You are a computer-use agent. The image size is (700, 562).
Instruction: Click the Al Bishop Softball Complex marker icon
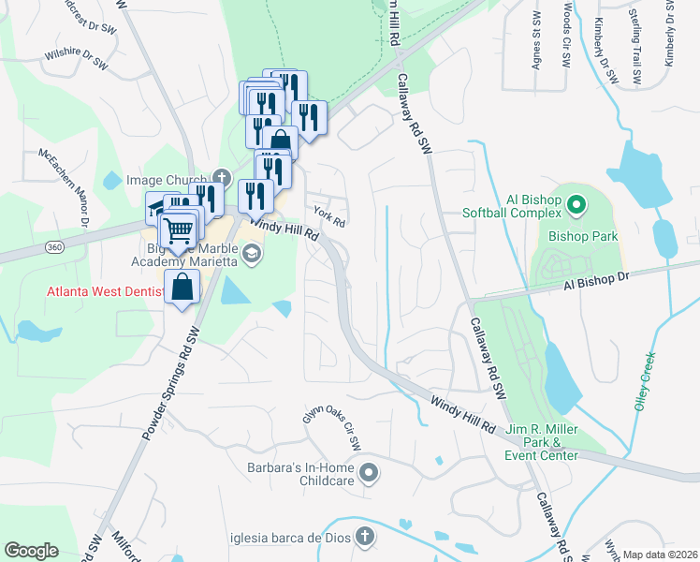[576, 202]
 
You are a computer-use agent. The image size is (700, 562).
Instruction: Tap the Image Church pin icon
[221, 177]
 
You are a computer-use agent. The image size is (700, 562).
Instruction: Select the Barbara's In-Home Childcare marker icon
[368, 473]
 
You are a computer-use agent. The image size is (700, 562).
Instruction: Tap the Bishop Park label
[583, 236]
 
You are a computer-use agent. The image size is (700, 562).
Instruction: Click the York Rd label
[329, 217]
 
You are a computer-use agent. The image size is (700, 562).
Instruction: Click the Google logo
[31, 551]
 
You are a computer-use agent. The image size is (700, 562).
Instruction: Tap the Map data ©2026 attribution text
[660, 555]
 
